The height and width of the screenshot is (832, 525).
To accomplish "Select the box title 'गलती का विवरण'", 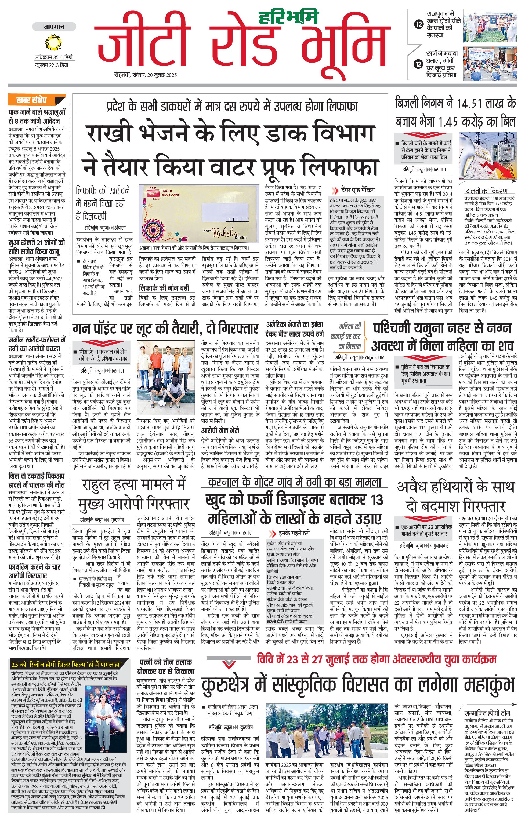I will [487, 191].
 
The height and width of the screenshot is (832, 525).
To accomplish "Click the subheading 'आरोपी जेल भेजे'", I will [220, 430].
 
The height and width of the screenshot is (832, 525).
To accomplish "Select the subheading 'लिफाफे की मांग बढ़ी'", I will [164, 288].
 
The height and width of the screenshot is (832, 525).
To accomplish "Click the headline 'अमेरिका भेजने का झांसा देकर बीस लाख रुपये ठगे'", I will [295, 329].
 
